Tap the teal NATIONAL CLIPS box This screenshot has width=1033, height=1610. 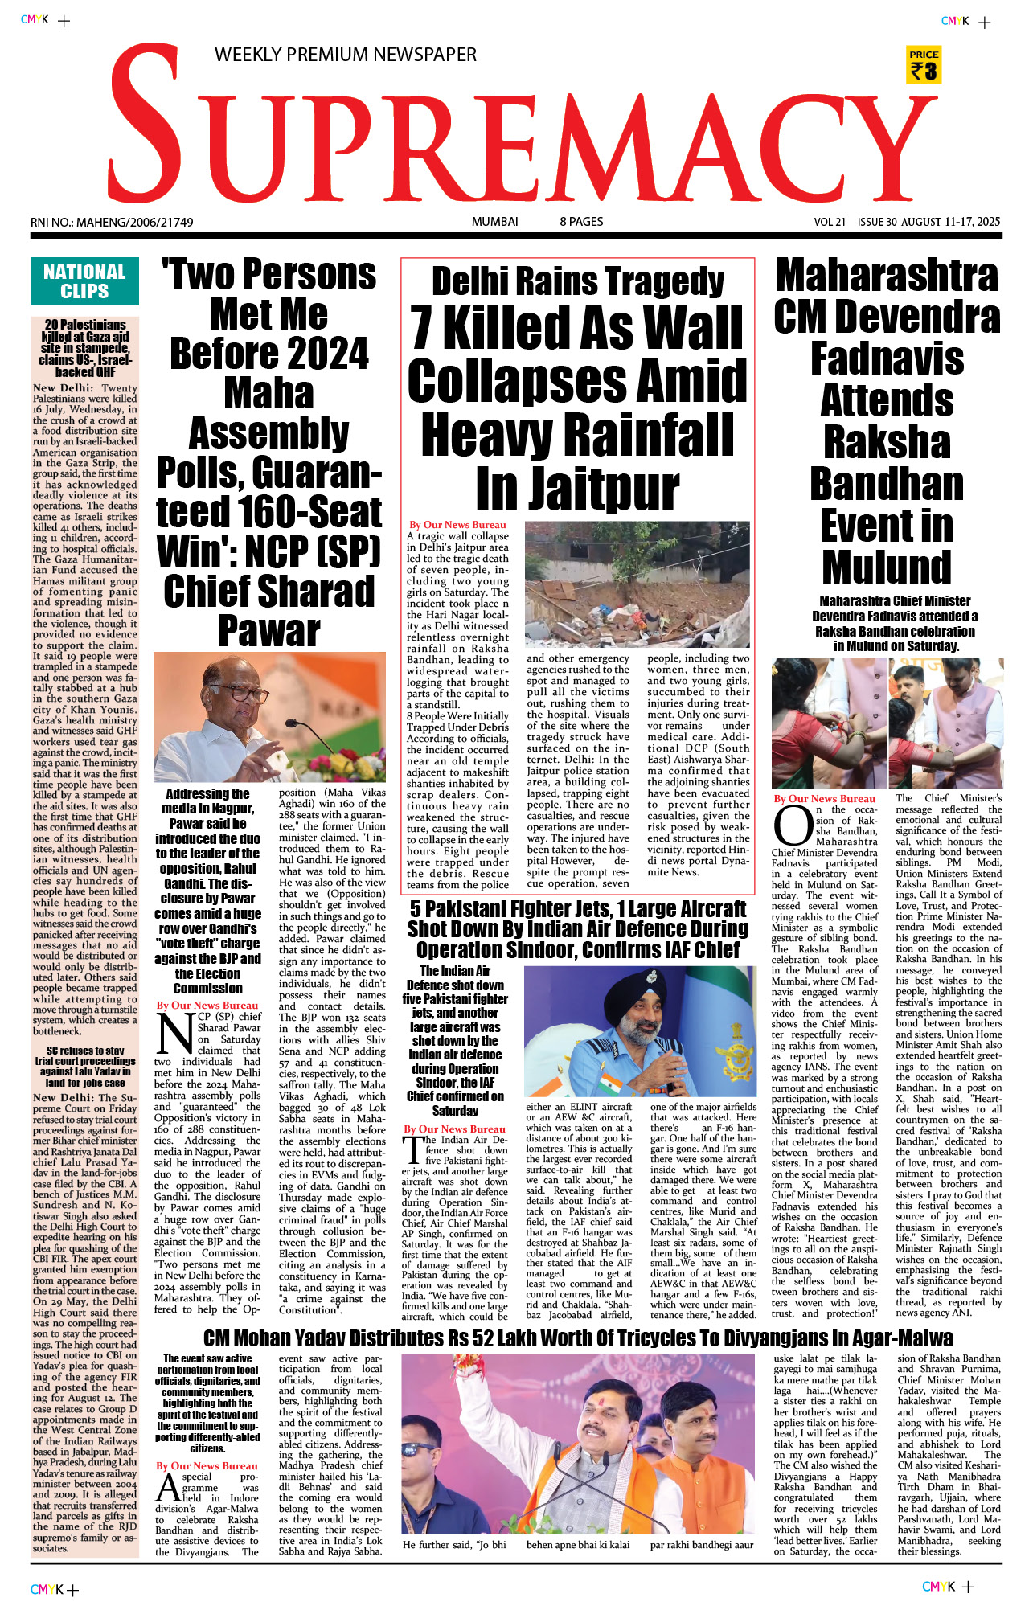84,281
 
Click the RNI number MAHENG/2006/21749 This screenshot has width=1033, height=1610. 112,222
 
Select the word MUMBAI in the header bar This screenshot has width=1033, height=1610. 494,222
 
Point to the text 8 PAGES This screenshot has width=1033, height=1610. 581,222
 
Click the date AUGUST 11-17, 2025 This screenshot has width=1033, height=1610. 950,222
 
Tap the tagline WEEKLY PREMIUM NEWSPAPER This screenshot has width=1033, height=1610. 346,55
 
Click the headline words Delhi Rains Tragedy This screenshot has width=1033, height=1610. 578,281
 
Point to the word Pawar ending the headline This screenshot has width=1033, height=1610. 269,631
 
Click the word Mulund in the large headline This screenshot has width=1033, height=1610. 887,567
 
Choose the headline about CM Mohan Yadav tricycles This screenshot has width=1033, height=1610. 578,1338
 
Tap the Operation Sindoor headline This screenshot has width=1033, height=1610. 578,929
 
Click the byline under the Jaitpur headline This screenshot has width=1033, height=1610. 457,525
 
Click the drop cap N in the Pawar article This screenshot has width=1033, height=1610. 174,1033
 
